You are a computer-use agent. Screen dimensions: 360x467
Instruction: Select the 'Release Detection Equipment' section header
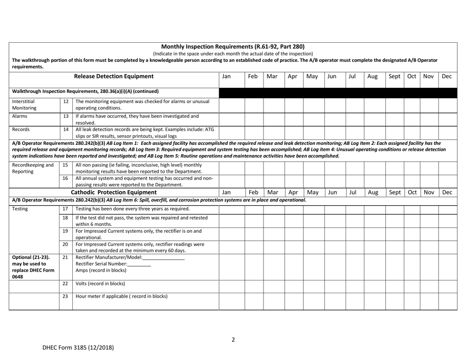click(x=114, y=76)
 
